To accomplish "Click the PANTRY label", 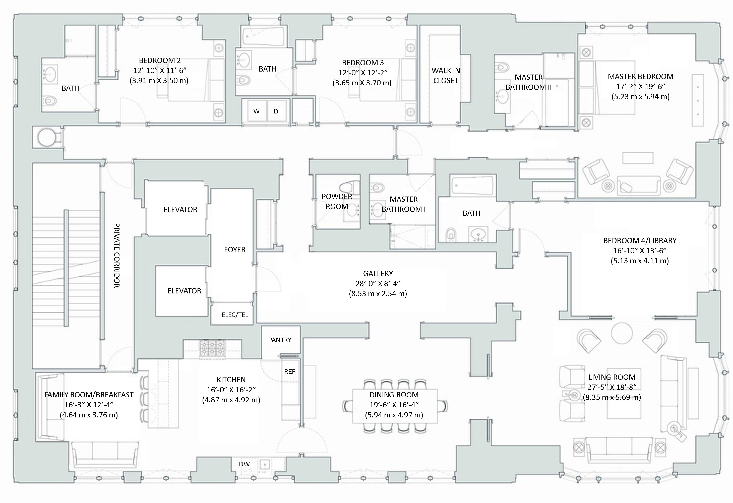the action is coord(279,340).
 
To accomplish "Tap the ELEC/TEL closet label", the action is coord(235,315).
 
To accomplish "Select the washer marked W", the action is coord(256,111).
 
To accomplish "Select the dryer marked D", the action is coord(276,111).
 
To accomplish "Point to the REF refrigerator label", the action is coord(289,371).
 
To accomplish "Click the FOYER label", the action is coord(234,250).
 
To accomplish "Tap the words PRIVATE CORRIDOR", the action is coord(116,256).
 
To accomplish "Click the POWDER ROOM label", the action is coord(337,202).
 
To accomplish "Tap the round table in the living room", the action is coord(622,333).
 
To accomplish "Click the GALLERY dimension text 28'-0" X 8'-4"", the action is coord(378,284).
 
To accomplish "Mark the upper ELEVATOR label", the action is coord(180,209).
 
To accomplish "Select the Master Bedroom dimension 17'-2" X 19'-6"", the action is coord(640,86).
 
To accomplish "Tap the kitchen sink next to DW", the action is coord(264,464).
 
